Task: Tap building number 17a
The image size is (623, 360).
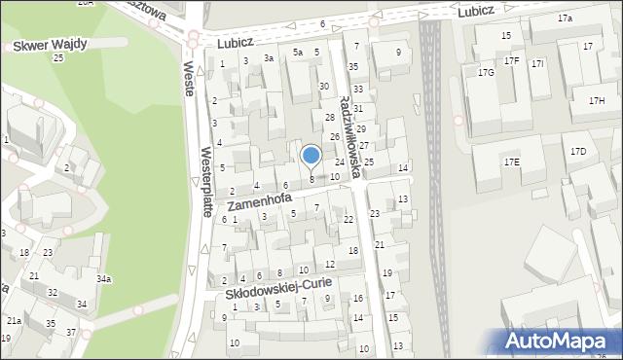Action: point(565,18)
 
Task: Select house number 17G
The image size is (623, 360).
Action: point(486,72)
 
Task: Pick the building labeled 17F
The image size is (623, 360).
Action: point(511,61)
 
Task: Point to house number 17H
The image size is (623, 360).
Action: point(596,101)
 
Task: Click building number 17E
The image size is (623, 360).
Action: point(511,162)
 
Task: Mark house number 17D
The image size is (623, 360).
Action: point(578,151)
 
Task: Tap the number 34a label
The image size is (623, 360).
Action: point(103,279)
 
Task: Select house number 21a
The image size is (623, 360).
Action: point(14,320)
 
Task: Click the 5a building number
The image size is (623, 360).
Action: point(298,52)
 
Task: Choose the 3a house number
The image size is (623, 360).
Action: point(268,58)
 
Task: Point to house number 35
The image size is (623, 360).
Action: point(353,66)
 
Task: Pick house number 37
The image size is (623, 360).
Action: point(71,333)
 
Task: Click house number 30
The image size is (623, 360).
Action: point(324,86)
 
